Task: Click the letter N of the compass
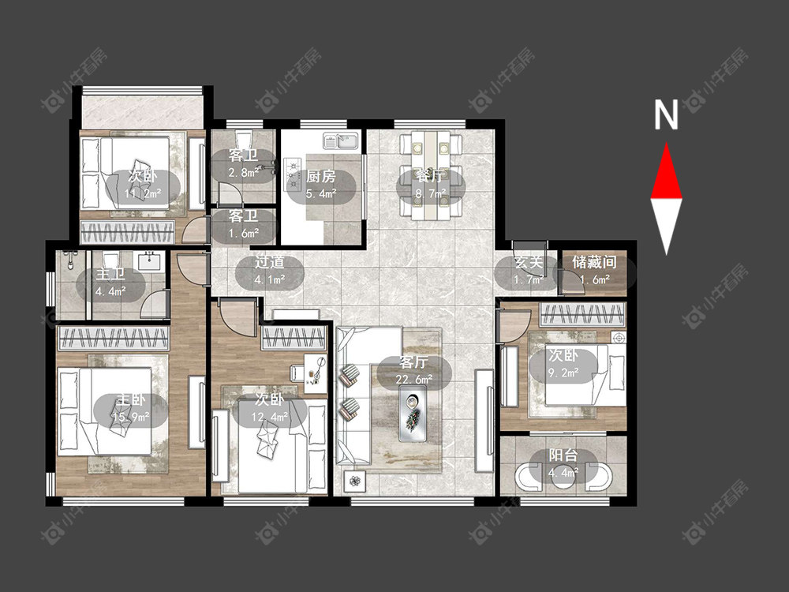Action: (666, 114)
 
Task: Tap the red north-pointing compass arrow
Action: (667, 170)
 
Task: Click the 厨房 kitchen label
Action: (320, 176)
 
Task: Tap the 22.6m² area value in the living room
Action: (414, 380)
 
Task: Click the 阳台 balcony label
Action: (563, 455)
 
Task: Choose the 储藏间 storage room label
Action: (594, 262)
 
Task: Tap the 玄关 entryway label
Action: (529, 262)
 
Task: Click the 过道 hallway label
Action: (269, 262)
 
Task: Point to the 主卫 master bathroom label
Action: (110, 275)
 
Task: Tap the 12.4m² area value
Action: (270, 417)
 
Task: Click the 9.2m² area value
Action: (563, 373)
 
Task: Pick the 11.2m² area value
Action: (142, 193)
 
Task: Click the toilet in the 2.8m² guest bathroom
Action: (244, 140)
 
